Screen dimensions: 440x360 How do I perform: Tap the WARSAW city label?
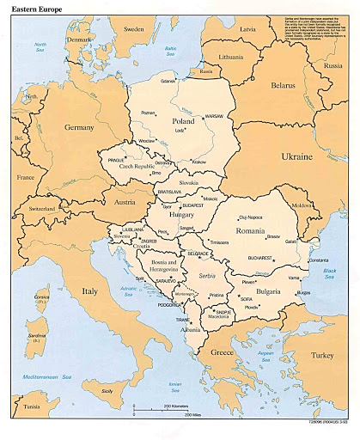(x=213, y=115)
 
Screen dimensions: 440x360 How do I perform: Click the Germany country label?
(x=78, y=126)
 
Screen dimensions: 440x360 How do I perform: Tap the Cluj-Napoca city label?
(x=248, y=217)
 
